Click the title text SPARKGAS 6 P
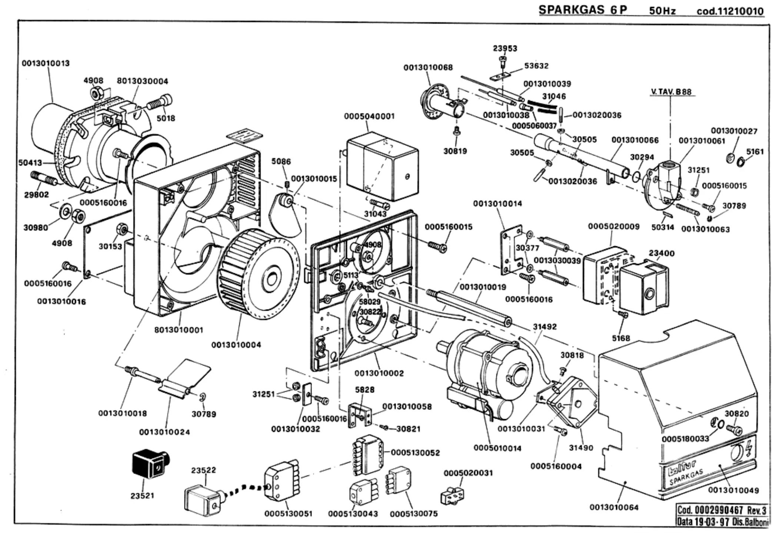point(582,10)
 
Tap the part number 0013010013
point(46,63)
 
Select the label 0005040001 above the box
point(369,116)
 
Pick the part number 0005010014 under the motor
point(497,448)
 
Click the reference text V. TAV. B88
point(671,92)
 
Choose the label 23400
point(661,253)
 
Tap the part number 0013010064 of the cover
point(614,507)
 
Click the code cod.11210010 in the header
point(730,11)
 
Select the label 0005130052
point(415,452)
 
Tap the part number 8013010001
point(179,330)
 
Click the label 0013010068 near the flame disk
point(428,67)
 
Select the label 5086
point(281,161)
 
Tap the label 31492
point(545,327)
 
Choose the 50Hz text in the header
point(662,11)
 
